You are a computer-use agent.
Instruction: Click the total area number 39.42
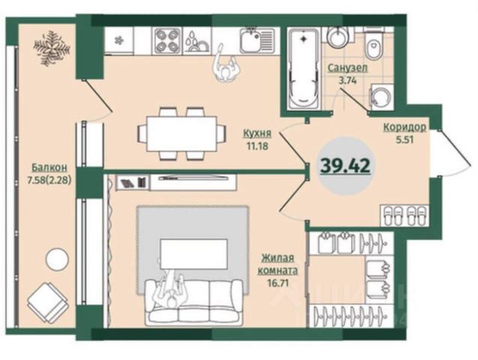point(345,166)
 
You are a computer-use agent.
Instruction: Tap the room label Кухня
point(257,133)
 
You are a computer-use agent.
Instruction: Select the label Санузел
point(347,67)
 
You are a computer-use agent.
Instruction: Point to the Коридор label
point(404,127)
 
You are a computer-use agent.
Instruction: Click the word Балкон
point(50,167)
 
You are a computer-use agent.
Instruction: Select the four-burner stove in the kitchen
point(167,40)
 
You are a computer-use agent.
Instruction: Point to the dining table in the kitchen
point(182,133)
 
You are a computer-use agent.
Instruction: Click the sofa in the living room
point(194,302)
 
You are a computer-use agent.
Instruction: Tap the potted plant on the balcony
point(52,49)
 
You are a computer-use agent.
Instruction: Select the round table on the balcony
point(57,259)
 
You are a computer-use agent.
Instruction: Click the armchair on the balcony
point(47,303)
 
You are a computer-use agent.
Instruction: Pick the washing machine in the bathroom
point(380,97)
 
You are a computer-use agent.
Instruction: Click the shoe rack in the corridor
point(404,216)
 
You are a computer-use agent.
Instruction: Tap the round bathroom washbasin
point(338,37)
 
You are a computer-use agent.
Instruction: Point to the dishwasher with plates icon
point(197,40)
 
